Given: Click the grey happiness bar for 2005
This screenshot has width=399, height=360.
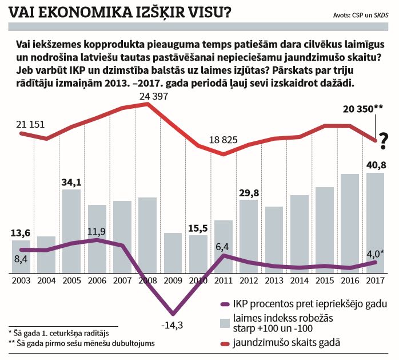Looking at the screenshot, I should point(71,229).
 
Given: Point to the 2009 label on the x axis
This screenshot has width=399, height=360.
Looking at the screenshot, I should point(172,280).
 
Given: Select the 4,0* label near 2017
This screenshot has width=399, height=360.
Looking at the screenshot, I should point(374,252).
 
